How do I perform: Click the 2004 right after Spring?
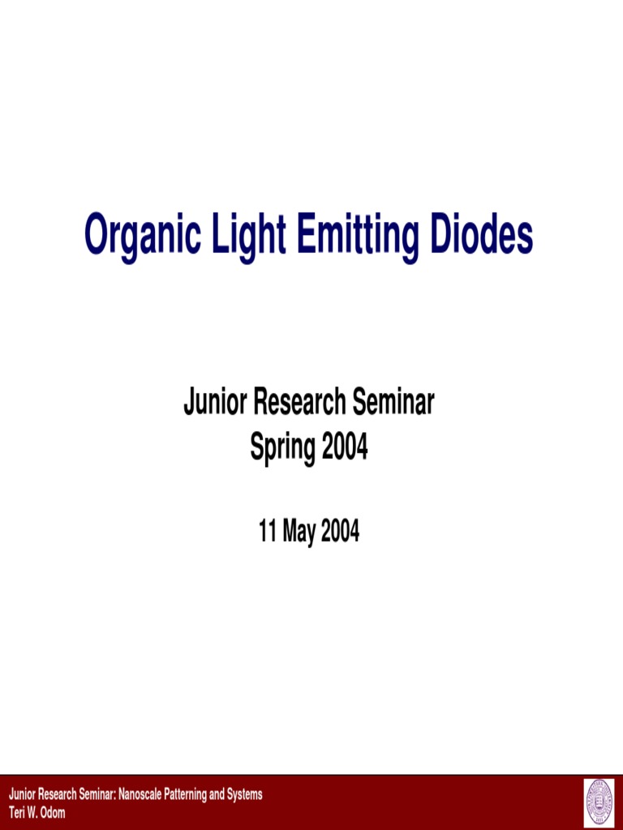pos(344,446)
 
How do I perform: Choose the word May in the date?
pos(298,533)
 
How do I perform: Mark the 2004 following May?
pos(340,532)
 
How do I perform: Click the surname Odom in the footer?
pos(53,813)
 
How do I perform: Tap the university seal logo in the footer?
pos(599,803)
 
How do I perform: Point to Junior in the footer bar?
pos(21,794)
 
